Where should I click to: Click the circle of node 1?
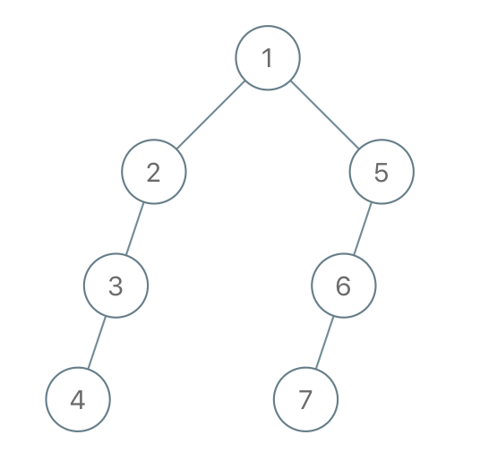[x=236, y=58]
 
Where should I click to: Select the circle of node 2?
[x=122, y=172]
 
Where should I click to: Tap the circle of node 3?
[x=84, y=286]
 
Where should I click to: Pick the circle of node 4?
[x=46, y=399]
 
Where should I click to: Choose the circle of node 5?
[x=349, y=172]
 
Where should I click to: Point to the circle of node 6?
[x=312, y=286]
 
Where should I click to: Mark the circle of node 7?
[x=274, y=399]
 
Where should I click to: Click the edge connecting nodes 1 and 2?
[x=211, y=115]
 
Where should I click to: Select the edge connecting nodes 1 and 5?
[x=324, y=115]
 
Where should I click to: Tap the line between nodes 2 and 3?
[x=134, y=228]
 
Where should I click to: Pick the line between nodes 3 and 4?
[x=97, y=342]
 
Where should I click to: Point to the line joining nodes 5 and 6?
[x=363, y=228]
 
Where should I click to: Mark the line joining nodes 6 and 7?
[x=324, y=342]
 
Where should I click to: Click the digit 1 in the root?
[x=268, y=58]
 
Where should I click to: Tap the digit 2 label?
[x=154, y=172]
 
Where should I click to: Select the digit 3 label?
[x=116, y=286]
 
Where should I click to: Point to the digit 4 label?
[x=78, y=400]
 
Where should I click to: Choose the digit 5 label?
[x=381, y=172]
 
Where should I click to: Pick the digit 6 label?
[x=344, y=286]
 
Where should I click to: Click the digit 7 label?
[x=305, y=400]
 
